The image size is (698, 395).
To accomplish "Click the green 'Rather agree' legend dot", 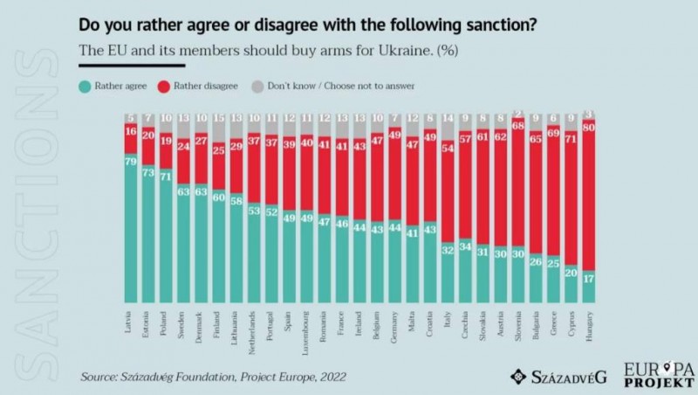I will [x=86, y=86].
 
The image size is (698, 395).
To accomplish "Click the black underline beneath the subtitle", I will [x=132, y=65].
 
